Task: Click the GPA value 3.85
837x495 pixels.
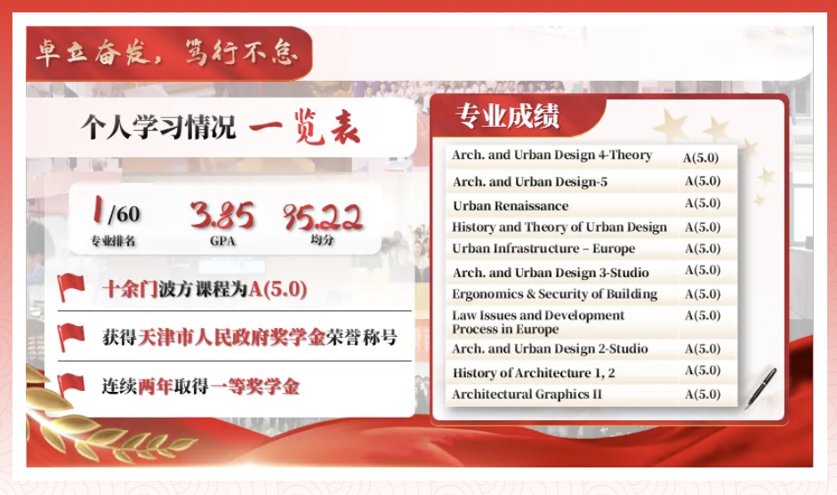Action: pyautogui.click(x=222, y=215)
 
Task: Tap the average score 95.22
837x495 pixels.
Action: pyautogui.click(x=323, y=217)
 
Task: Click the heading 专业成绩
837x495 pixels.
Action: pyautogui.click(x=507, y=116)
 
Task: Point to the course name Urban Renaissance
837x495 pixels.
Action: pyautogui.click(x=511, y=206)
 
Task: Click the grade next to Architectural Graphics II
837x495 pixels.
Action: pyautogui.click(x=703, y=395)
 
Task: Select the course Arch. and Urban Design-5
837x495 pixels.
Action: pyautogui.click(x=529, y=182)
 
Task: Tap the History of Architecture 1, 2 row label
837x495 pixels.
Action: pyautogui.click(x=534, y=373)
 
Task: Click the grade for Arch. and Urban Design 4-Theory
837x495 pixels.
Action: pyautogui.click(x=701, y=157)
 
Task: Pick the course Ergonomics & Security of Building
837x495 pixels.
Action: pyautogui.click(x=555, y=294)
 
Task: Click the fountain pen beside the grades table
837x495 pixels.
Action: pyautogui.click(x=761, y=387)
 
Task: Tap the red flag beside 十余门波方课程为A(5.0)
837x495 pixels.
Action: pyautogui.click(x=71, y=287)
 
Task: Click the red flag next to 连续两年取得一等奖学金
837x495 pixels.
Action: pyautogui.click(x=71, y=385)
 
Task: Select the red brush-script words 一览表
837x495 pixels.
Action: pyautogui.click(x=304, y=126)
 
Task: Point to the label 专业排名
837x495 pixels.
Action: pyautogui.click(x=113, y=241)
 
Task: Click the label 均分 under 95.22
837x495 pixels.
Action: pyautogui.click(x=322, y=240)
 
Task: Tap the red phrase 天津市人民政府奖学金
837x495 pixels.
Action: pyautogui.click(x=231, y=337)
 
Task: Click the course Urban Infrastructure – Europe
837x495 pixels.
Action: pyautogui.click(x=543, y=249)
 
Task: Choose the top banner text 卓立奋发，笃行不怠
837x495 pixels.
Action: pyautogui.click(x=166, y=52)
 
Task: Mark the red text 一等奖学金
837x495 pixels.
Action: pyautogui.click(x=254, y=387)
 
